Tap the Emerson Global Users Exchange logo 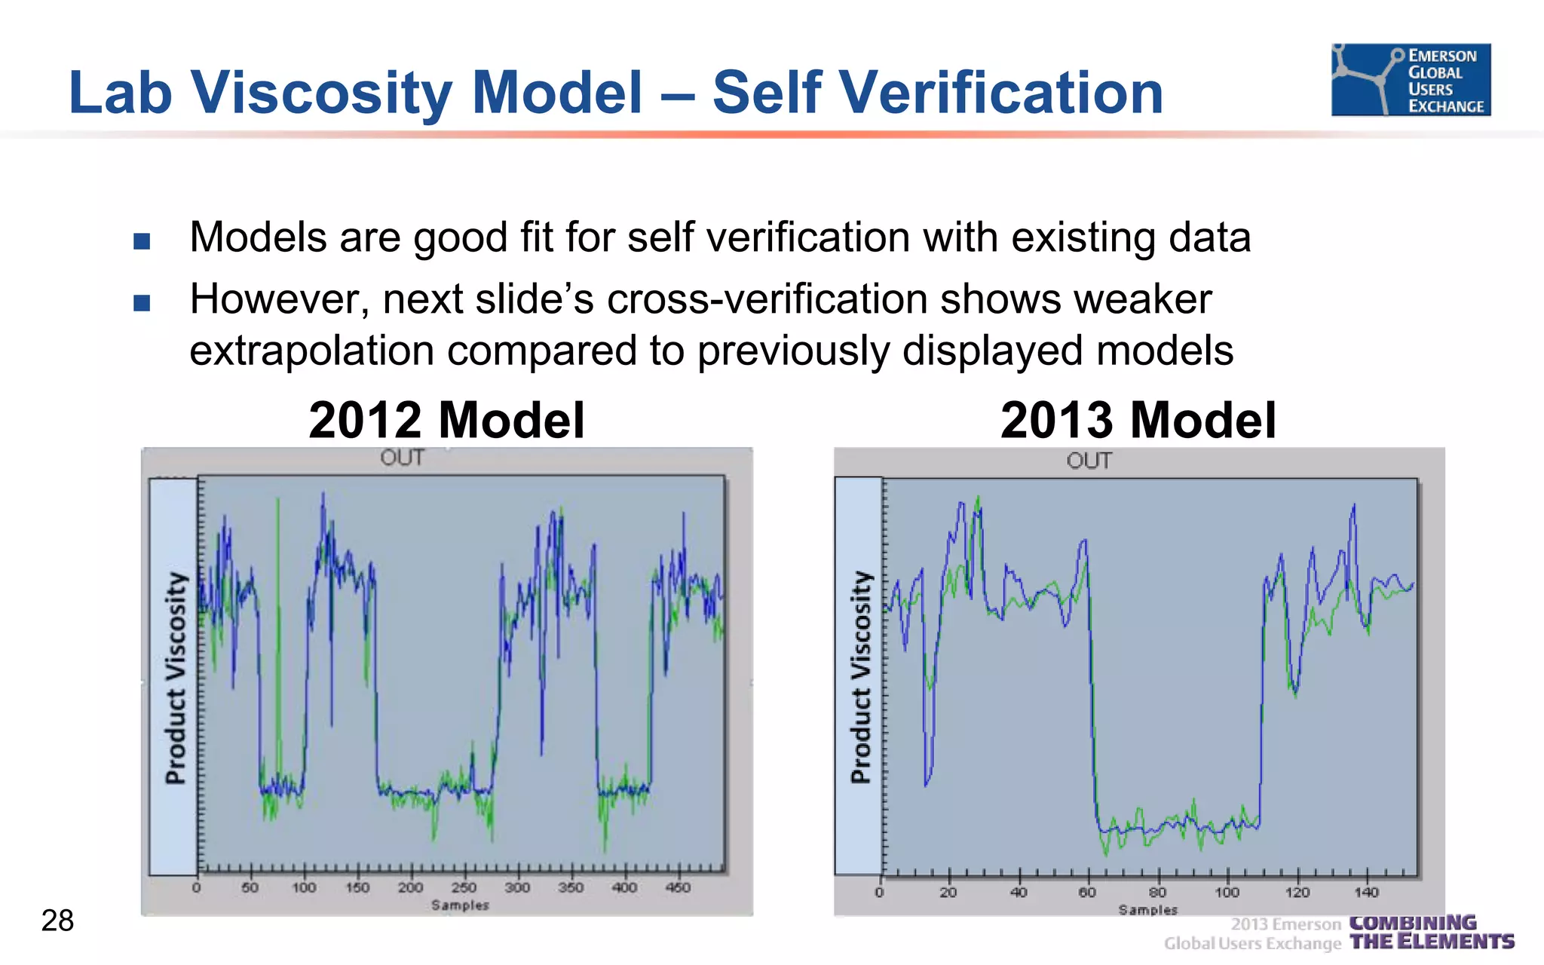pos(1411,80)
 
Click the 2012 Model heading pos(446,420)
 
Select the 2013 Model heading pos(1138,420)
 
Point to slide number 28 pos(57,921)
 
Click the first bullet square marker pos(142,241)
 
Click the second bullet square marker pos(142,303)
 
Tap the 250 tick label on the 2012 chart pos(464,887)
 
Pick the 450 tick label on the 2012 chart pos(678,887)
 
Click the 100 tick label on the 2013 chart pos(1227,893)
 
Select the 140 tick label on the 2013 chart pos(1366,893)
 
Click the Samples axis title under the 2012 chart pos(460,905)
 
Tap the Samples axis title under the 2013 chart pos(1147,910)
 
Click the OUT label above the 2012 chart pos(402,458)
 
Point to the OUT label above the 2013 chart pos(1089,461)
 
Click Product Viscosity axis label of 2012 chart pos(175,678)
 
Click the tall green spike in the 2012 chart pos(277,603)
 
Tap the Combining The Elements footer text pos(1431,933)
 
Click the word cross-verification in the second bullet pos(767,299)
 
